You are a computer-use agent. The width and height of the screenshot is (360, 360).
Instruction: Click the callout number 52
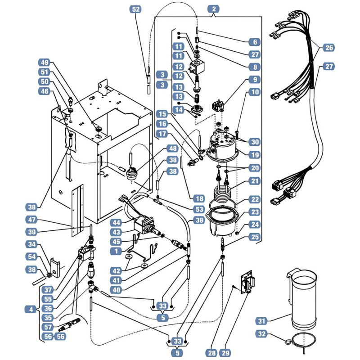[x=136, y=9]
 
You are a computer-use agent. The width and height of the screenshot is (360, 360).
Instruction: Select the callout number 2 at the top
[x=214, y=9]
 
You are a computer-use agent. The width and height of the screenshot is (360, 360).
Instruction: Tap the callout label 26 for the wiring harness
[x=329, y=48]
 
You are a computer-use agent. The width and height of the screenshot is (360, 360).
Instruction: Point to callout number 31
[x=261, y=321]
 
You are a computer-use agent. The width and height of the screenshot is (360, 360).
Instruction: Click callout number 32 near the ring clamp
[x=261, y=333]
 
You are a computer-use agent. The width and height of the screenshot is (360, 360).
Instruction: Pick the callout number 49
[x=45, y=62]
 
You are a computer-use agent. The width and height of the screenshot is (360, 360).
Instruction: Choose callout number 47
[x=31, y=220]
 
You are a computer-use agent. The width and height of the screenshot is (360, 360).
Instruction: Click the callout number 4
[x=31, y=309]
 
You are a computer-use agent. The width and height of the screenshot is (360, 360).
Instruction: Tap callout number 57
[x=48, y=327]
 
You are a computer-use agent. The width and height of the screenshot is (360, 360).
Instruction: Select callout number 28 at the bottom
[x=211, y=353]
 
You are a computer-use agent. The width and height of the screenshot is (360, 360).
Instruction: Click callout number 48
[x=173, y=148]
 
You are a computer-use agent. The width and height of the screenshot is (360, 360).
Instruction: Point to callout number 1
[x=116, y=251]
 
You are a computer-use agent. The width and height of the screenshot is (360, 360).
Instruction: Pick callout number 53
[x=199, y=209]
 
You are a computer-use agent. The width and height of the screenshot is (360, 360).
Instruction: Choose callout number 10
[x=255, y=92]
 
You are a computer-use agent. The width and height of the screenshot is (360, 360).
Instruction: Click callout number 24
[x=255, y=224]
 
